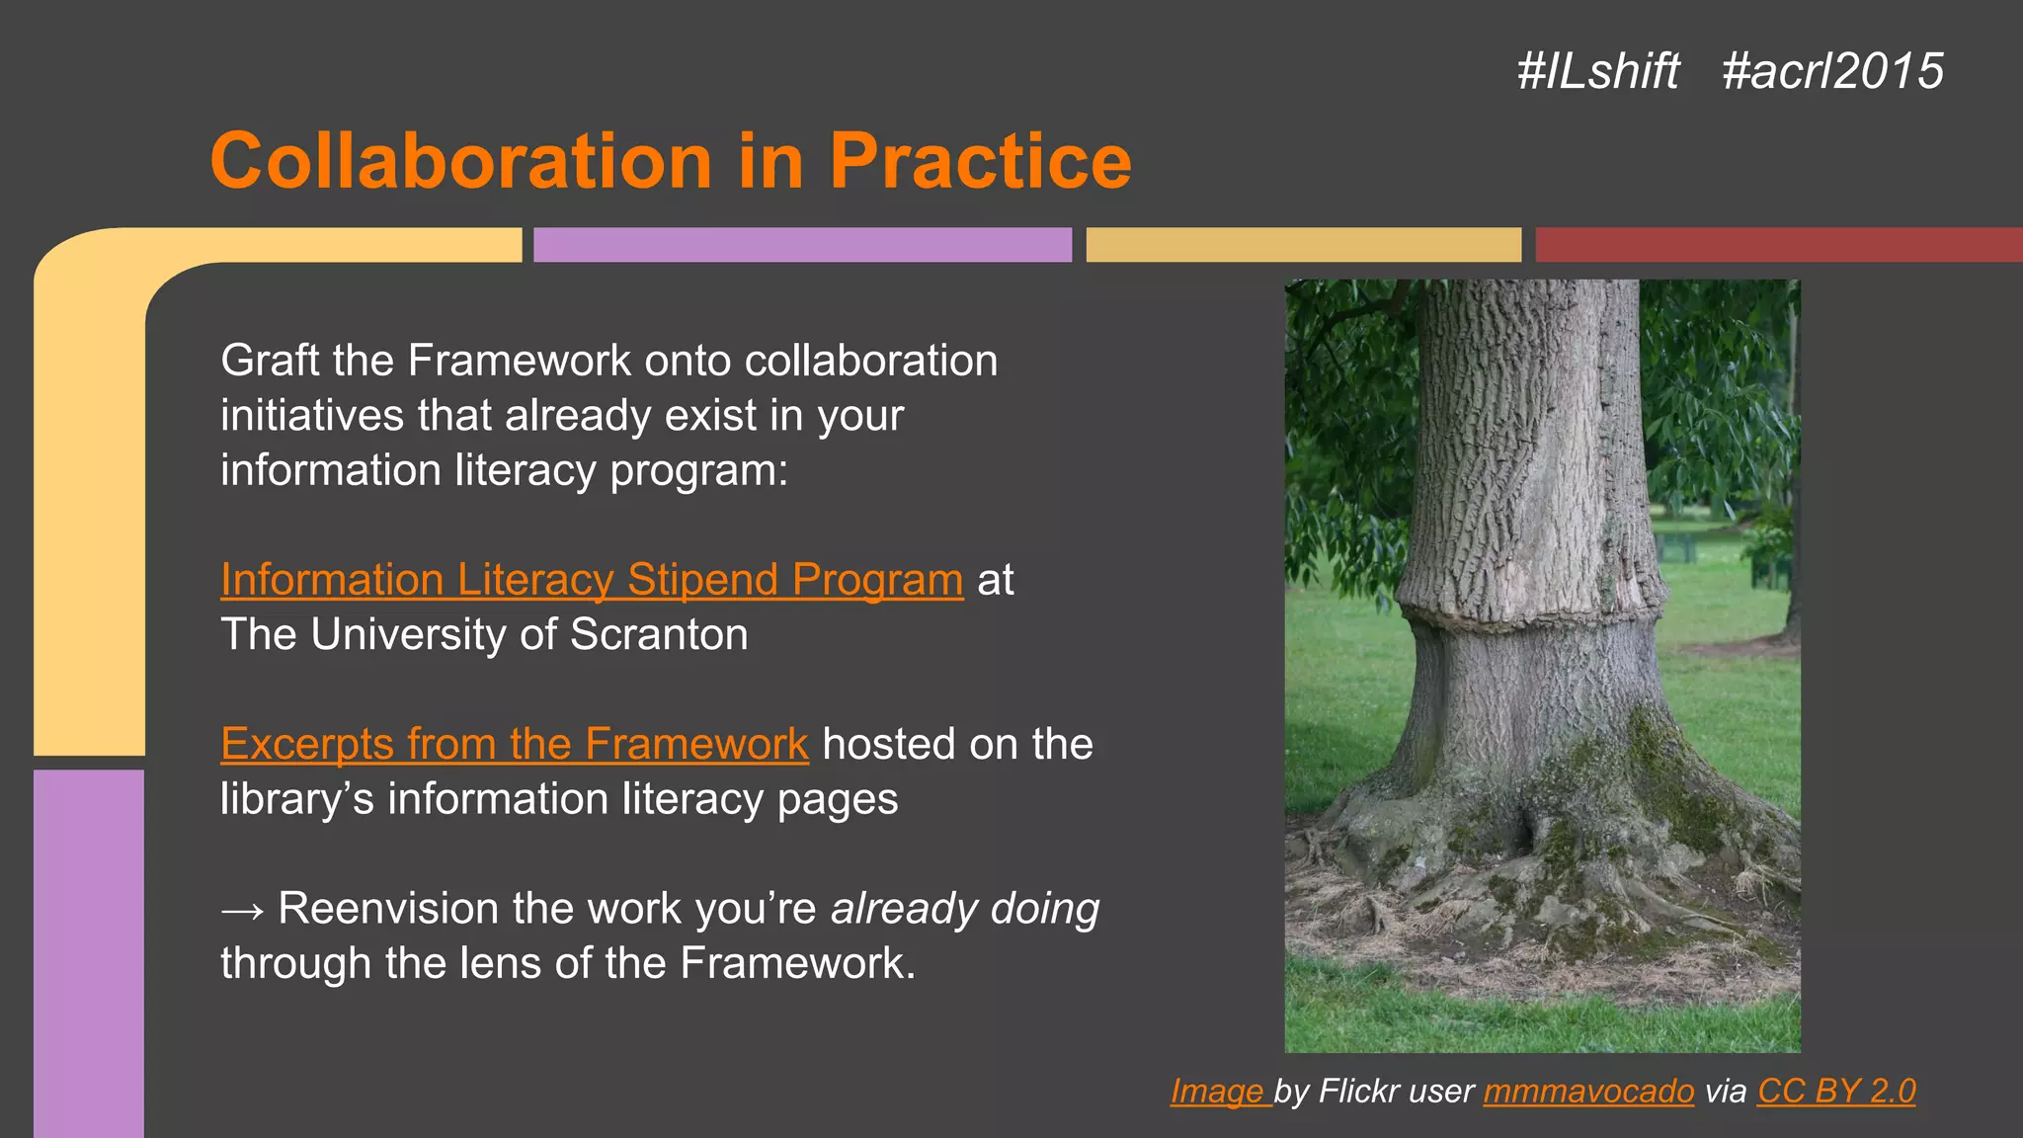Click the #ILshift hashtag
(x=1597, y=71)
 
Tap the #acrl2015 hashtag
(x=1832, y=71)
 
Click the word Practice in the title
(x=979, y=160)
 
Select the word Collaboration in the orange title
(x=460, y=160)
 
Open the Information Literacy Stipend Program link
(x=591, y=580)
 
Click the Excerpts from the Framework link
(x=514, y=744)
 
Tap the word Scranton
(x=659, y=634)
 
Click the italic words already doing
(x=964, y=909)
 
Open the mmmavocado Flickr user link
(x=1587, y=1091)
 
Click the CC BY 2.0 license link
(x=1835, y=1091)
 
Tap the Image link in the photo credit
(x=1218, y=1091)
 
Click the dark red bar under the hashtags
(x=1778, y=245)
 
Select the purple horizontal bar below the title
(x=802, y=245)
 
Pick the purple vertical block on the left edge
(x=89, y=948)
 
